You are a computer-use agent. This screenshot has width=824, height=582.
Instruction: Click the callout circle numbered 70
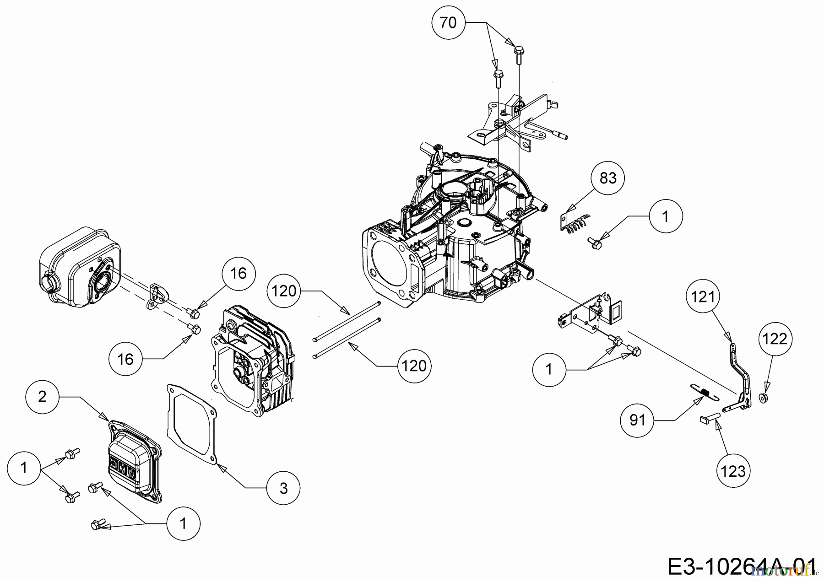click(448, 22)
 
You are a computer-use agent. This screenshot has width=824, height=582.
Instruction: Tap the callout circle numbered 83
click(607, 178)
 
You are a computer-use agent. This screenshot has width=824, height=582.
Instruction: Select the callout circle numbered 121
click(703, 297)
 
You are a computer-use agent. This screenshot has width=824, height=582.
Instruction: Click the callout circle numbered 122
click(775, 339)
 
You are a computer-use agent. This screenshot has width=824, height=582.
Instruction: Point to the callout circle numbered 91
click(637, 420)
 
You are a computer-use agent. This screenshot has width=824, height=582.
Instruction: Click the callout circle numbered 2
click(42, 396)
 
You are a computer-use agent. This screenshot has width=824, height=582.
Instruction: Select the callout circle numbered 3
click(283, 488)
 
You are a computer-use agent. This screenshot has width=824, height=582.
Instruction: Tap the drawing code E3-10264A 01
click(742, 567)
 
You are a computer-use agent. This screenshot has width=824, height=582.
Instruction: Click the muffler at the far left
click(78, 265)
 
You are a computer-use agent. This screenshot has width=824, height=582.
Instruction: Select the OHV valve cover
click(133, 462)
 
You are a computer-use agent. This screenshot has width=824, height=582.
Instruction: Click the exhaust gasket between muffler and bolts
click(156, 296)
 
